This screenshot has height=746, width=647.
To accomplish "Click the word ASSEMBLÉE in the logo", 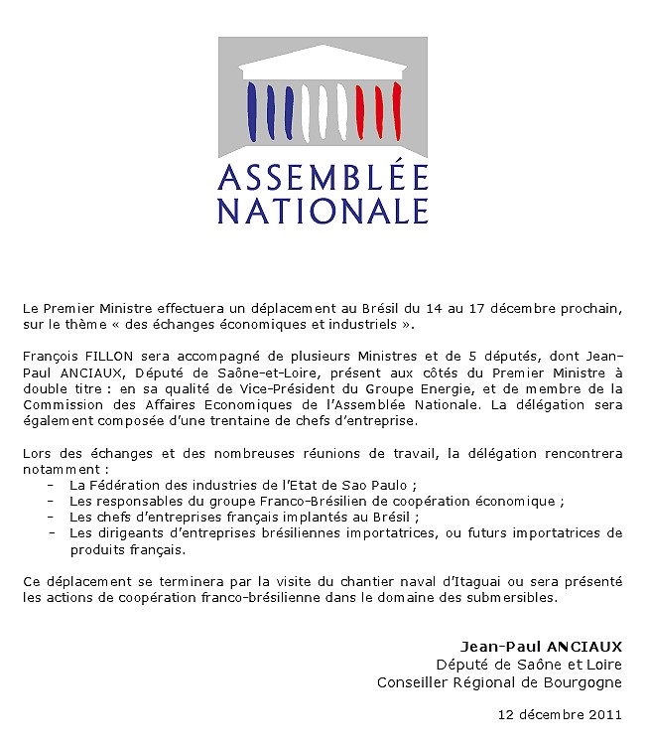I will click(x=323, y=178).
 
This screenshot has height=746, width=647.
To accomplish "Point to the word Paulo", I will click(x=404, y=485).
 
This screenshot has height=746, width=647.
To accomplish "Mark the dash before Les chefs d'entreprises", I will click(x=50, y=517).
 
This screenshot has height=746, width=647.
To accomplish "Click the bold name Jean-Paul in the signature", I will click(x=494, y=648).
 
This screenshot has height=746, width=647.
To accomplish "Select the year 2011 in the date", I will click(x=605, y=714).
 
